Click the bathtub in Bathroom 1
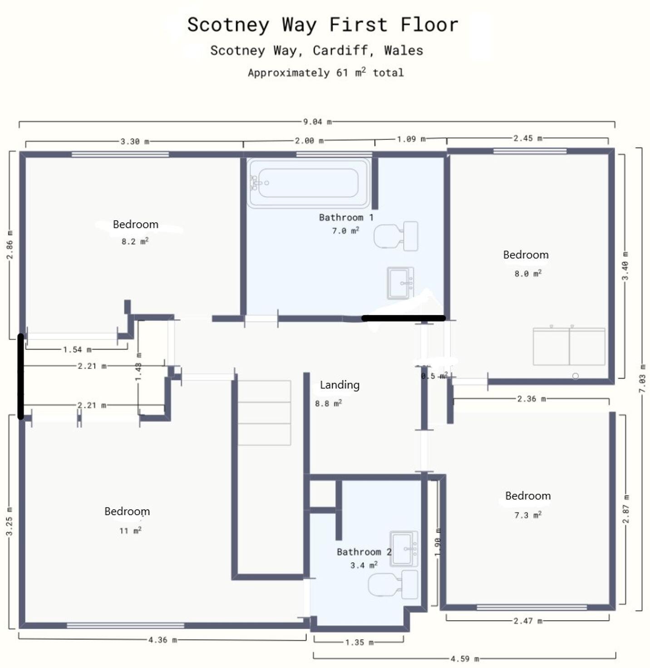pyautogui.click(x=308, y=182)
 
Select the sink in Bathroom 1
pyautogui.click(x=400, y=283)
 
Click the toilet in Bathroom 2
pyautogui.click(x=393, y=585)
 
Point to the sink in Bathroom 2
pyautogui.click(x=404, y=548)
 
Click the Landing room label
pyautogui.click(x=340, y=385)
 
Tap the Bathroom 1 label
pyautogui.click(x=346, y=217)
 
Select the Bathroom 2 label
pyautogui.click(x=364, y=552)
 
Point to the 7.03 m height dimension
pyautogui.click(x=642, y=378)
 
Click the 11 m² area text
pyautogui.click(x=130, y=530)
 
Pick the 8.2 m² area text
pyautogui.click(x=135, y=241)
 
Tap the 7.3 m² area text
pyautogui.click(x=527, y=515)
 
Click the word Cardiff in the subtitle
pyautogui.click(x=340, y=50)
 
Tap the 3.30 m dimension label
pyautogui.click(x=134, y=142)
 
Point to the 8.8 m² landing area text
pyautogui.click(x=328, y=403)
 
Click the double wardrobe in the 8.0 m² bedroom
pyautogui.click(x=569, y=346)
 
